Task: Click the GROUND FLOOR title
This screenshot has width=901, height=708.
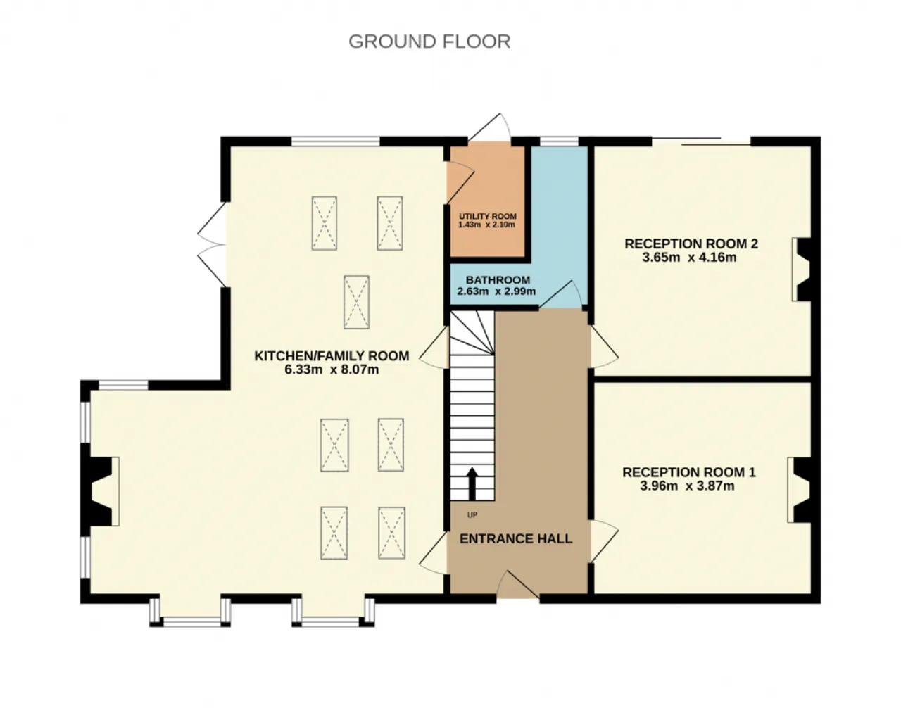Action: click(429, 42)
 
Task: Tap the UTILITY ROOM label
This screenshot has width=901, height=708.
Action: click(488, 216)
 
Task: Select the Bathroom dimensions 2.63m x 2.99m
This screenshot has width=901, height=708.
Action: click(496, 291)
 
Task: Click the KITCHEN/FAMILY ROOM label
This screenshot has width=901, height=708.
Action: click(332, 355)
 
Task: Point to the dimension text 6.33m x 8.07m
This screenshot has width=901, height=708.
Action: click(332, 369)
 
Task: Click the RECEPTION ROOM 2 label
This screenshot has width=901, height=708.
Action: click(691, 244)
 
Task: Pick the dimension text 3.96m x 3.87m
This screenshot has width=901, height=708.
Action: click(687, 486)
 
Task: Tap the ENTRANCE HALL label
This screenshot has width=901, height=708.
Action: click(516, 538)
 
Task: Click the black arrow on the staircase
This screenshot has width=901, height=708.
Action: click(472, 483)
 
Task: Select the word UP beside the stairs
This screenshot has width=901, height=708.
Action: click(472, 515)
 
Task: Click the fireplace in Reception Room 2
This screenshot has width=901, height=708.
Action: click(802, 269)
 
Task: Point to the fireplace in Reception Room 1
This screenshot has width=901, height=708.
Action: click(799, 490)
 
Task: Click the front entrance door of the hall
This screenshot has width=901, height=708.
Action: click(518, 584)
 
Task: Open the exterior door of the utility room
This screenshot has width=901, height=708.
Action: click(489, 127)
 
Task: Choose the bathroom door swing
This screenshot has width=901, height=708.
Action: click(560, 294)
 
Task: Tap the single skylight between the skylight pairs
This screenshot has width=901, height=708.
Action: click(356, 302)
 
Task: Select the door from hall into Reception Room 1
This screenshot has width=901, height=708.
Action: click(604, 541)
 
